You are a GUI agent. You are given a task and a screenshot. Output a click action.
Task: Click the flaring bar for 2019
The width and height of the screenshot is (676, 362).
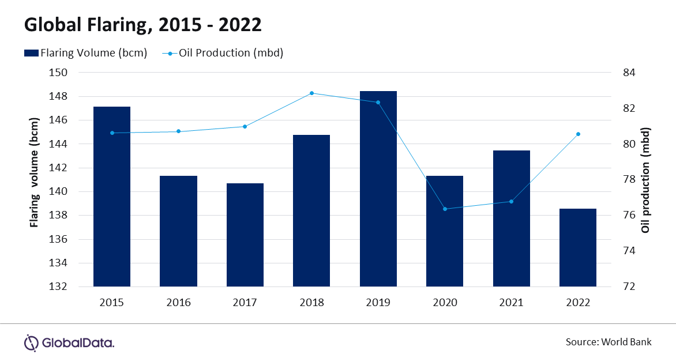[378, 188]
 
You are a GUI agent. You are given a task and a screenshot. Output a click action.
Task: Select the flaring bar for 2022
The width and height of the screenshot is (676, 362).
[578, 247]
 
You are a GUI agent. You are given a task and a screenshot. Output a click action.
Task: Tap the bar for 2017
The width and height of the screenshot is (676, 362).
[245, 235]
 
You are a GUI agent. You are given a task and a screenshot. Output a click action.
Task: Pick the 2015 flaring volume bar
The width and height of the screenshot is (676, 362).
[112, 196]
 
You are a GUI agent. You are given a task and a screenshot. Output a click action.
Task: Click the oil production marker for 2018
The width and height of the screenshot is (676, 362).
[311, 93]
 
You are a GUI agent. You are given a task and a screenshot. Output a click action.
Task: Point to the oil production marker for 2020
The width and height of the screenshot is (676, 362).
[445, 209]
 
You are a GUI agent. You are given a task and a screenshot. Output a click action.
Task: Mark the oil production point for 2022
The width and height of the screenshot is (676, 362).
[578, 134]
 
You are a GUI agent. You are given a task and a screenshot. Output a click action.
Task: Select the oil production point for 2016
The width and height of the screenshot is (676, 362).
[178, 131]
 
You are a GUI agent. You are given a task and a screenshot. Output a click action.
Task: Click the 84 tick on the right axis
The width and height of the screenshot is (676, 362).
[630, 73]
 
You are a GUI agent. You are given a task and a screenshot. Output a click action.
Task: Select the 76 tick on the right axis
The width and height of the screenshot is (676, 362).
[630, 215]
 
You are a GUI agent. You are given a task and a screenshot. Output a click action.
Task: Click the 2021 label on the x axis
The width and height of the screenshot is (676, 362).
[511, 303]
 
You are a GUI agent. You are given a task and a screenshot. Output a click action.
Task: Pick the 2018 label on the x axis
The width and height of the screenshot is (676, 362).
[311, 303]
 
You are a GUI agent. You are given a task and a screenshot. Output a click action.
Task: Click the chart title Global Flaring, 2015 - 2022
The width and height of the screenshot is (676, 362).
[142, 24]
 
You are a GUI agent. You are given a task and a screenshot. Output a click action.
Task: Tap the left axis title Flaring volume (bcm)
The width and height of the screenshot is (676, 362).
[35, 174]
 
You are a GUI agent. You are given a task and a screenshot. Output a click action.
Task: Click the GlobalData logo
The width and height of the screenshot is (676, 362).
[69, 343]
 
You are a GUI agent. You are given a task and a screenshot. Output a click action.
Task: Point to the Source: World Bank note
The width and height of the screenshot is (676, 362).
[608, 342]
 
